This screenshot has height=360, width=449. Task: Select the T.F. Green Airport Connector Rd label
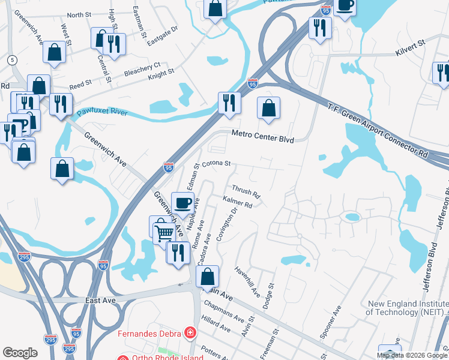(378, 131)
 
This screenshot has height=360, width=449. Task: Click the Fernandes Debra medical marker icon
(190, 332)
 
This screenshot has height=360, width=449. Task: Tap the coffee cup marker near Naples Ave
(182, 202)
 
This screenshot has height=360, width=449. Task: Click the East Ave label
(100, 299)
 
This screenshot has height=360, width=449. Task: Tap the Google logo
(20, 353)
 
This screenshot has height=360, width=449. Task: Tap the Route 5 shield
(12, 60)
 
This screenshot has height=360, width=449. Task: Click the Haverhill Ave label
(247, 281)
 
